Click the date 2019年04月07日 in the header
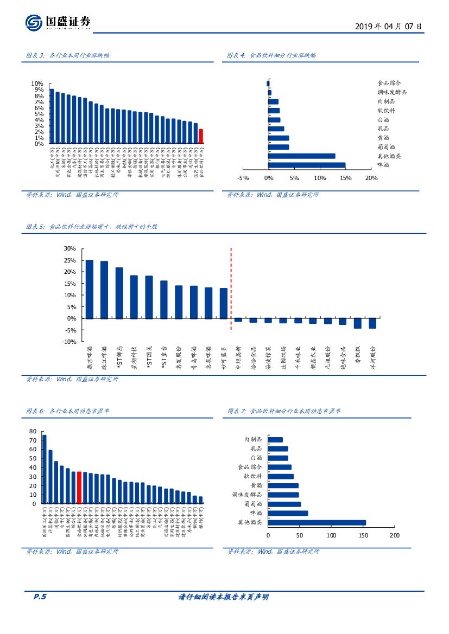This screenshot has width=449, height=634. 388,26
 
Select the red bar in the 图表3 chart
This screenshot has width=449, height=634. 201,136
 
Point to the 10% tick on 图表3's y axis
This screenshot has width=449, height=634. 37,84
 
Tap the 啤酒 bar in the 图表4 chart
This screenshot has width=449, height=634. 307,165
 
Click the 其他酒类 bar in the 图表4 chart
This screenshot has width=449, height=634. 302,156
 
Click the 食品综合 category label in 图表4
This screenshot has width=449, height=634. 389,84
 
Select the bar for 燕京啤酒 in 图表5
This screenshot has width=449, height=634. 90,289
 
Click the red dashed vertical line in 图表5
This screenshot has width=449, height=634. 231,287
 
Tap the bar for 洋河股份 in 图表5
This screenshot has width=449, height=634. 372,323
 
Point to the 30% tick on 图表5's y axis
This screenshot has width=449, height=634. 69,248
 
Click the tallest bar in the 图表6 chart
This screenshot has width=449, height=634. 44,469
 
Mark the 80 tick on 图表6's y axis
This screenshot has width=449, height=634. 33,431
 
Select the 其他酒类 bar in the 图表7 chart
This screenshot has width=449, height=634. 317,523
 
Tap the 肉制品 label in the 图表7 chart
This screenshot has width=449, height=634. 253,439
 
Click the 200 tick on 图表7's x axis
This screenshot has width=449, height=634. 394,535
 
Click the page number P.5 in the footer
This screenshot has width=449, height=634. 40,597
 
